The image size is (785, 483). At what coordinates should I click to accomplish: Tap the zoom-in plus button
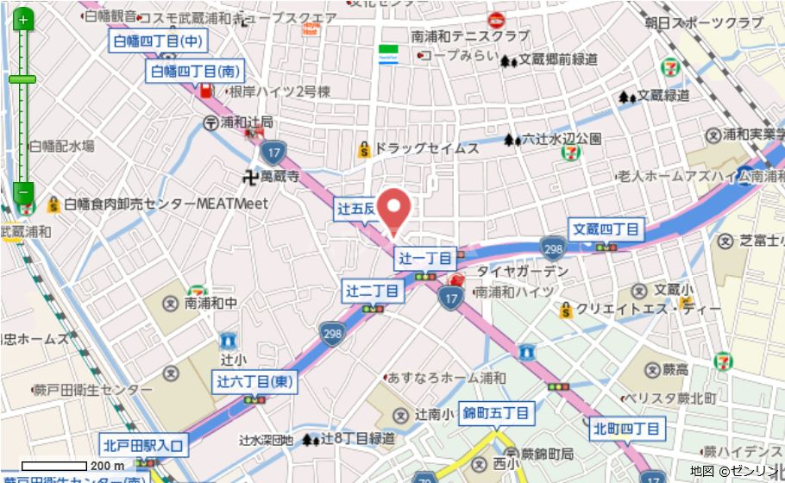[23, 19]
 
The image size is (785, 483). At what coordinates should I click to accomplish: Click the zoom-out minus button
[23, 191]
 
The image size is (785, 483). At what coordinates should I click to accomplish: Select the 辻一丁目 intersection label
[425, 258]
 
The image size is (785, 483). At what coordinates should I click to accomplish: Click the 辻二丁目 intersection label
[374, 291]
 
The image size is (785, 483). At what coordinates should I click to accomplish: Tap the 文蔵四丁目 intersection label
[607, 229]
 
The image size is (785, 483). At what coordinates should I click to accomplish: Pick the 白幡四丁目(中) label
[157, 41]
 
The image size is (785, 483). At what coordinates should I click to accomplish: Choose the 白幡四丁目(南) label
[195, 71]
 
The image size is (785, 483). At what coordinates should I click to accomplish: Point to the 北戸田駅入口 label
[144, 445]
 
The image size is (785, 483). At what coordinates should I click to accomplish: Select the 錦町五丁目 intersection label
[496, 413]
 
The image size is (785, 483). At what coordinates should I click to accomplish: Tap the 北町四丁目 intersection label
[627, 428]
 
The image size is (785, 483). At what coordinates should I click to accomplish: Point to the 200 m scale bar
[53, 466]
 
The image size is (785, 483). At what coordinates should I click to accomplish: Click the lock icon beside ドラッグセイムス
[365, 149]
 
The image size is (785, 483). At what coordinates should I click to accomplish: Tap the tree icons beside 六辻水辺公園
[512, 139]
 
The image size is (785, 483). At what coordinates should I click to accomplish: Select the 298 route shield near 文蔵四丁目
[553, 249]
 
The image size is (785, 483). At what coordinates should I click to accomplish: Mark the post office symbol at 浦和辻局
[210, 122]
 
